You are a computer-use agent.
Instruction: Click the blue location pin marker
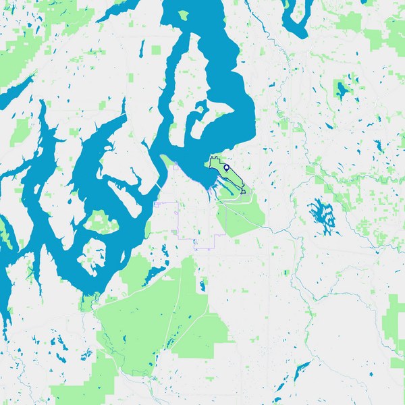pyautogui.click(x=227, y=167)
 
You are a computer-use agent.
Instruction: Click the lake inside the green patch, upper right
pyautogui.click(x=341, y=89)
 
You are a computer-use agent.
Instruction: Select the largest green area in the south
pyautogui.click(x=155, y=317)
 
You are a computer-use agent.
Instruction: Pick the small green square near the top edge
pyautogui.click(x=157, y=50)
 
